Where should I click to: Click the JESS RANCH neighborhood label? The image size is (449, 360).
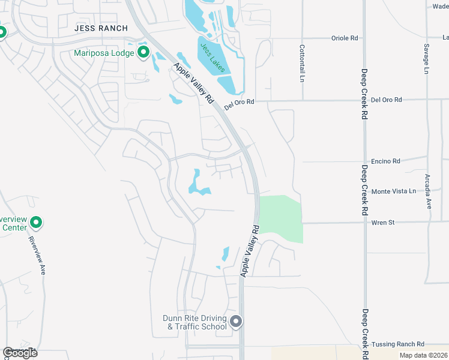click(101, 28)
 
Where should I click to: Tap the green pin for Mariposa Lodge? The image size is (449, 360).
click(143, 53)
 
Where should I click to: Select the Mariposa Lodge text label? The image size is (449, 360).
click(104, 53)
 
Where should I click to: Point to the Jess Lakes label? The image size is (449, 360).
click(212, 58)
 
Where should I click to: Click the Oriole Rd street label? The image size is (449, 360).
click(344, 38)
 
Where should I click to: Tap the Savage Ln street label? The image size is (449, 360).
click(426, 59)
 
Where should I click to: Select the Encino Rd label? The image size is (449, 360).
click(385, 161)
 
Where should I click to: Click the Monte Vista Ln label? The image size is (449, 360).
click(393, 191)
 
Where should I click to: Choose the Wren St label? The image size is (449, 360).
click(382, 223)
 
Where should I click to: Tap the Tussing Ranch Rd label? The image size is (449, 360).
click(397, 344)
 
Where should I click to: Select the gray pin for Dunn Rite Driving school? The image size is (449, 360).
click(236, 322)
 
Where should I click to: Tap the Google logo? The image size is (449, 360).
click(20, 353)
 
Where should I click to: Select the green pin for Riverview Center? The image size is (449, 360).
click(36, 223)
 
